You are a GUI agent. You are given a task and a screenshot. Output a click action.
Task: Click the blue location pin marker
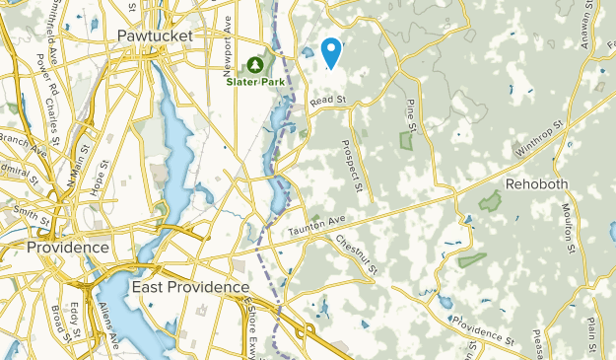331,51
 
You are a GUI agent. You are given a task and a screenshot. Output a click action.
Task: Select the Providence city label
67,247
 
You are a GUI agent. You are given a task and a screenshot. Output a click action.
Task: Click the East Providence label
189,286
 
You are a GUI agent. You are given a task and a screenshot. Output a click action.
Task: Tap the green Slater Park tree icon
256,65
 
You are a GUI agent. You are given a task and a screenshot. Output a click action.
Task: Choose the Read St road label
329,100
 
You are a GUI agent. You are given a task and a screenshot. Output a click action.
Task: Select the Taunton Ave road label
317,227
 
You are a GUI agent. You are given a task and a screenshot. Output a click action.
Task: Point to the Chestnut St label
356,254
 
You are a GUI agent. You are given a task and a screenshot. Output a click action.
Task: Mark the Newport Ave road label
227,44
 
